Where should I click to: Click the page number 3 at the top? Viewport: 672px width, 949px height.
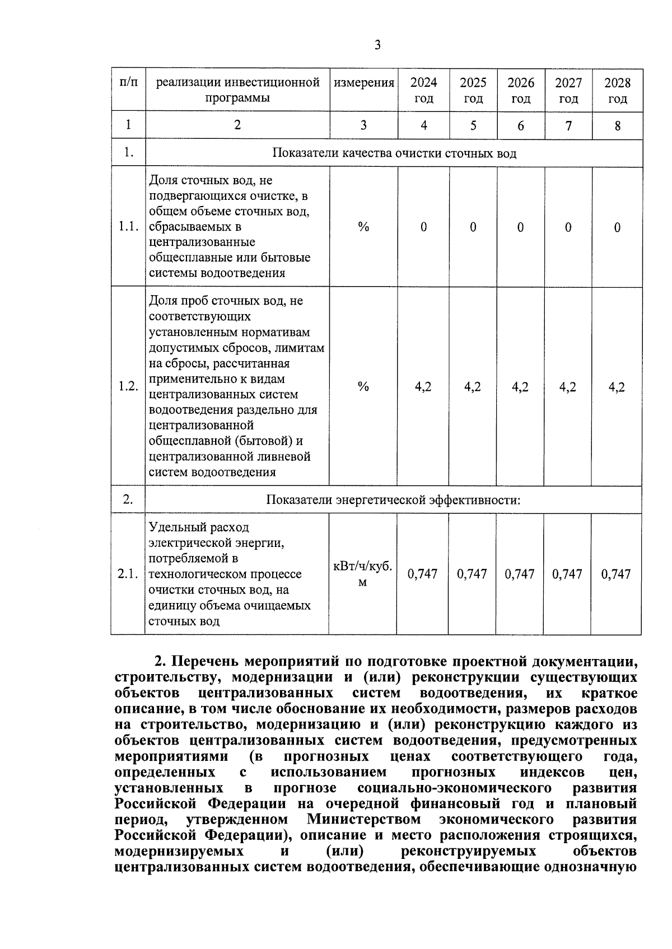377,45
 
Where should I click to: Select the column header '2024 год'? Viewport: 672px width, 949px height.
423,91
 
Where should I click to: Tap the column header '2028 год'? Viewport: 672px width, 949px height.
617,91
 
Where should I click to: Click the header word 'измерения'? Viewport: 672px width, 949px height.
364,83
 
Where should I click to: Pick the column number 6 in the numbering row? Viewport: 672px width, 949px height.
521,125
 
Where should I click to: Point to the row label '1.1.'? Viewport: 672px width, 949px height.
128,227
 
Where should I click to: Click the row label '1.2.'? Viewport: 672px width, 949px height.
128,386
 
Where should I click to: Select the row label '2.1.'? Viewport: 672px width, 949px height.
128,574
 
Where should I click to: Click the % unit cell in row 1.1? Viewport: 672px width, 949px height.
363,227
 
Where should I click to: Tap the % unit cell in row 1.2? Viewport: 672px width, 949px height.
363,386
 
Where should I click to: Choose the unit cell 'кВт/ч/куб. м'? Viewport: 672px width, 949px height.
363,574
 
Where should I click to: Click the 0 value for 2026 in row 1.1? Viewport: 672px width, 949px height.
521,227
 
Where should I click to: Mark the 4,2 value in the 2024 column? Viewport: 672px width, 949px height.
423,387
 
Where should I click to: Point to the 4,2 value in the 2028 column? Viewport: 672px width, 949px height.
617,387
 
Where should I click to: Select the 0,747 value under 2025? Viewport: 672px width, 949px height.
472,574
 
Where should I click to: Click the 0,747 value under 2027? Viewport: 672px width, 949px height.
567,574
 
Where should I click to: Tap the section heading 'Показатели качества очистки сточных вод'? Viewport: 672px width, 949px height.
394,153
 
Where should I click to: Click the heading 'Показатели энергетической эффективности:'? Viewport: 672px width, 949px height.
393,499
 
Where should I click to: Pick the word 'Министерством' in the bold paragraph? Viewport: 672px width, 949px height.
364,820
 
